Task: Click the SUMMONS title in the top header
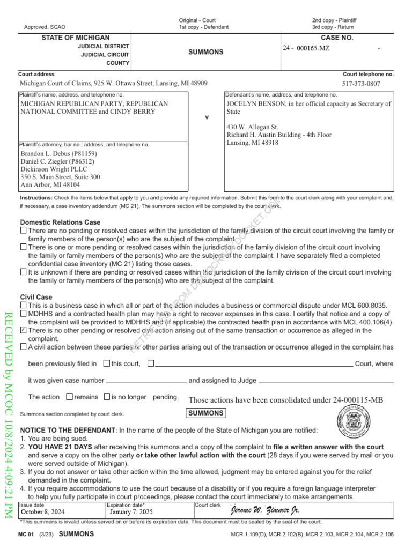(205, 53)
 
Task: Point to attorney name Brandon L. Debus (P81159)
(58, 153)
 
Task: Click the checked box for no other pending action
(23, 330)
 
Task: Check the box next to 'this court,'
(106, 363)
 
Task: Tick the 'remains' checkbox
(69, 397)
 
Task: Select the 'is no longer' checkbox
(107, 397)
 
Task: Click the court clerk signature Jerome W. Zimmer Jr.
(265, 510)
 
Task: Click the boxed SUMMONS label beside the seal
(206, 413)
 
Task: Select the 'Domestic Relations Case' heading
(60, 222)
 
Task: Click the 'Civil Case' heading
(36, 297)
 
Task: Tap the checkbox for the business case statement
(23, 305)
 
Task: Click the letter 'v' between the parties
(207, 117)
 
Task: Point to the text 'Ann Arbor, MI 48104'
(50, 184)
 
